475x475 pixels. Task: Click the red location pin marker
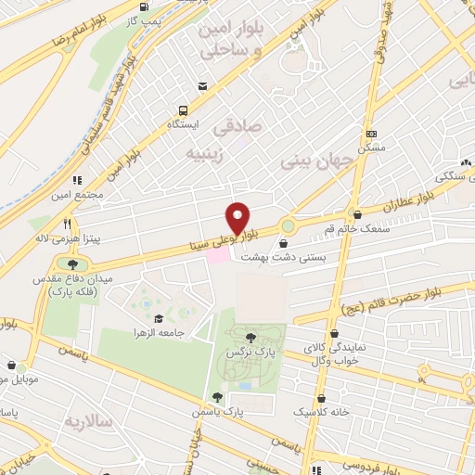point(238,217)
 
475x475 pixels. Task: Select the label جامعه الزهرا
point(158,332)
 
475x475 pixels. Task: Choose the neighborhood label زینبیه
point(205,152)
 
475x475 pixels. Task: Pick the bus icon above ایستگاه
point(184,109)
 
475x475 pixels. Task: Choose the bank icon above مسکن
point(372,135)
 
